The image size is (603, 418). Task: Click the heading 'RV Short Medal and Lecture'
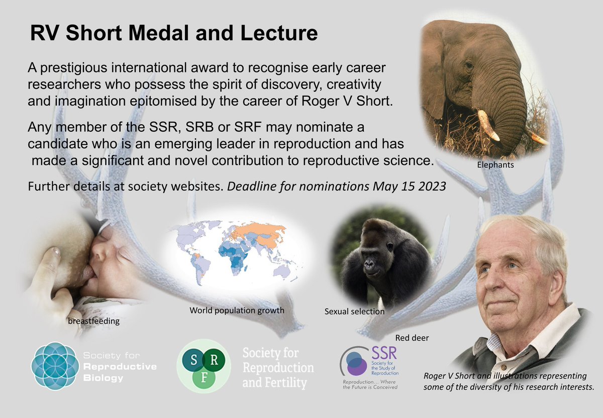174,34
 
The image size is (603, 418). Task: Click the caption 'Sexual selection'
354,312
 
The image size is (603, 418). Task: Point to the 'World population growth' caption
237,310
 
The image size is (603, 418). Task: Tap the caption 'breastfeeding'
94,321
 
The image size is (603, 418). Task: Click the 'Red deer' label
412,338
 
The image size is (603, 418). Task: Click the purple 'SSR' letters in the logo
385,354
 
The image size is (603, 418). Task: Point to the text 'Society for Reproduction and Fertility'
278,368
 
